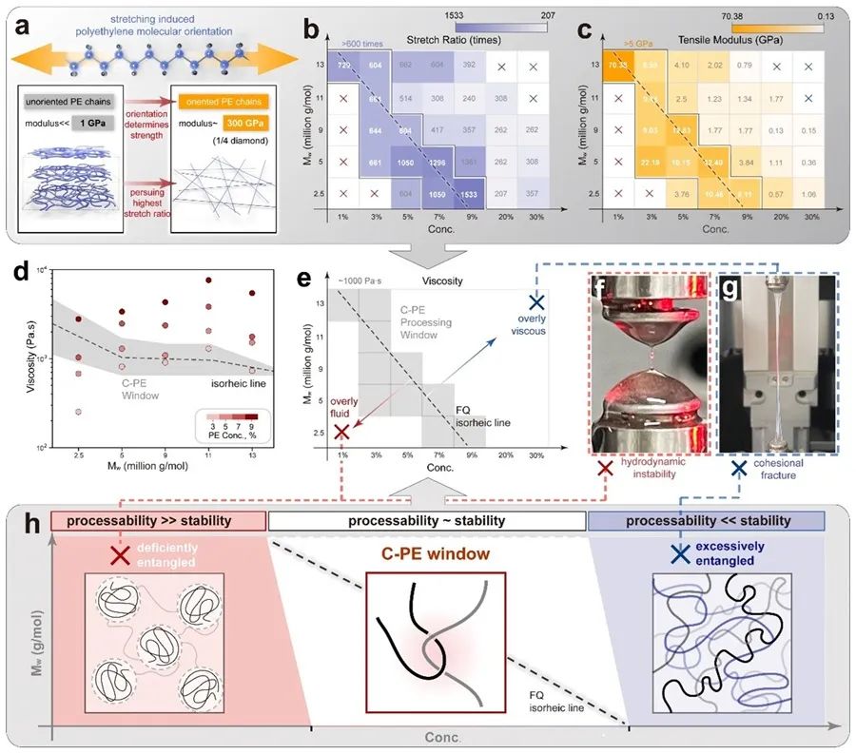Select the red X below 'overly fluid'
341,433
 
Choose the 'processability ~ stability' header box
427,520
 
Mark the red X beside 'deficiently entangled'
119,554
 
